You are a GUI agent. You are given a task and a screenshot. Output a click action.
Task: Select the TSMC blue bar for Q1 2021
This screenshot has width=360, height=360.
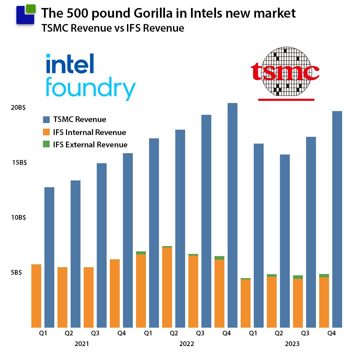click(49, 257)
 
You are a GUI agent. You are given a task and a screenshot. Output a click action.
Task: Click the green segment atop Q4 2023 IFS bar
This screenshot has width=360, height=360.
click(324, 276)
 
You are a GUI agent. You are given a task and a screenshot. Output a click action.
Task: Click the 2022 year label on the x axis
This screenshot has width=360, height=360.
click(187, 344)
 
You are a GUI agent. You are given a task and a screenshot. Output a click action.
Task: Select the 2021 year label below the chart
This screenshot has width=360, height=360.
click(82, 344)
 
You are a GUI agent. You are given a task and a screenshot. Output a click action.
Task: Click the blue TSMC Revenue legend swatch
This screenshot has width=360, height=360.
click(46, 119)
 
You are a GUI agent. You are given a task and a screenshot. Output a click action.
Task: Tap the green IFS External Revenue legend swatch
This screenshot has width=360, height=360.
click(46, 145)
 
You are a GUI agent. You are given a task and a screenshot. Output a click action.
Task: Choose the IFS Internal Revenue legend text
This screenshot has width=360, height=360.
click(89, 132)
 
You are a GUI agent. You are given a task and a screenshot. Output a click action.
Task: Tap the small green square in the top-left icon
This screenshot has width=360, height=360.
click(30, 8)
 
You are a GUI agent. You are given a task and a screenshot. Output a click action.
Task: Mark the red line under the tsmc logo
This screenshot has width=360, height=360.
click(286, 99)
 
